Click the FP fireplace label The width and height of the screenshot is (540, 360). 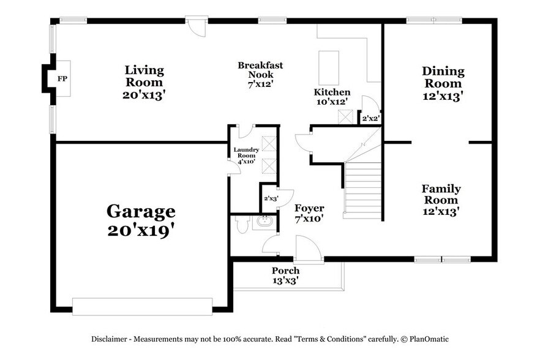(62, 79)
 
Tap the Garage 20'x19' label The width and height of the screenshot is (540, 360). (141, 221)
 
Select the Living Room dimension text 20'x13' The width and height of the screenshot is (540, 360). (144, 96)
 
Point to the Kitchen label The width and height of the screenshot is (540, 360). (332, 92)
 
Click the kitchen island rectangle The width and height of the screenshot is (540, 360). (329, 63)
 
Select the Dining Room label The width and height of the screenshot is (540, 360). (443, 77)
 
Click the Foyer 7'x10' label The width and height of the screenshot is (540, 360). (309, 212)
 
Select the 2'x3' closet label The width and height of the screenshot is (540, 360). (269, 198)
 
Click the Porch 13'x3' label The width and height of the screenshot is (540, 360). (286, 275)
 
